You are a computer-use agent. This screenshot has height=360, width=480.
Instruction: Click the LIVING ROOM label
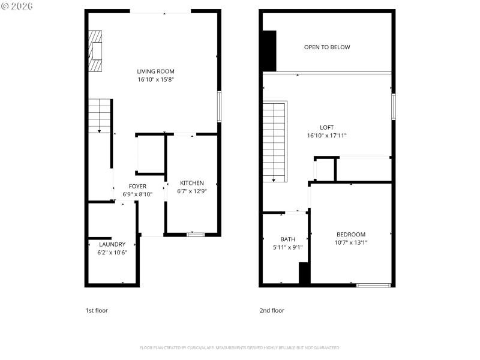(155, 71)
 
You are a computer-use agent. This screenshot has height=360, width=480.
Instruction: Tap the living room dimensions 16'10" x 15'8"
(155, 79)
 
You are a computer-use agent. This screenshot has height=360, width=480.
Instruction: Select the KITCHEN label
(192, 183)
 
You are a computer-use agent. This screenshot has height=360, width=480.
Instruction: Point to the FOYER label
(137, 187)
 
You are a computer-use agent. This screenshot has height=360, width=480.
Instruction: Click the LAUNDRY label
(112, 244)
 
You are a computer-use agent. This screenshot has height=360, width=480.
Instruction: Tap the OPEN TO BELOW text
(327, 47)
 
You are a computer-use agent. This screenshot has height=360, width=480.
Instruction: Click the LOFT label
(326, 127)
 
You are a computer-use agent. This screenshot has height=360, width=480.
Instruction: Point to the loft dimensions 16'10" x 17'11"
(326, 136)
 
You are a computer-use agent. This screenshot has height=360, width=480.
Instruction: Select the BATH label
(287, 239)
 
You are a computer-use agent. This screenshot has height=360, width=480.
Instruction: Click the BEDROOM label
(350, 235)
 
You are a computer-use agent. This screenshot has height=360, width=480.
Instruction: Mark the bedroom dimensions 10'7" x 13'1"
(350, 242)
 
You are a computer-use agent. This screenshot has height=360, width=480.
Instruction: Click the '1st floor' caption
(97, 310)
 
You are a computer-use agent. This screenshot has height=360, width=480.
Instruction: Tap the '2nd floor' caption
(272, 310)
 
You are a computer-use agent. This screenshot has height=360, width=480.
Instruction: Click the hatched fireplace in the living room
(95, 51)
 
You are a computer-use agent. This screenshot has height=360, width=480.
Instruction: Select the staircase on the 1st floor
(100, 116)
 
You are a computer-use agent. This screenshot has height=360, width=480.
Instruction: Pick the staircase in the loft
(275, 142)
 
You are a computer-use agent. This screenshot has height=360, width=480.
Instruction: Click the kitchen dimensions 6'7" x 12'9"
(192, 191)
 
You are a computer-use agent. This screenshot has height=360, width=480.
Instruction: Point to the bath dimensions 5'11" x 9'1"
(287, 247)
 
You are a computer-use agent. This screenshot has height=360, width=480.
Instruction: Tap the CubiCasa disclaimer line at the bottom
(240, 347)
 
